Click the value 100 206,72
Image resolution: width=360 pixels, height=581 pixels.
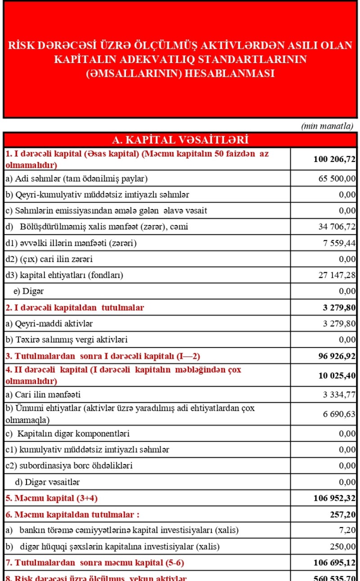(334, 160)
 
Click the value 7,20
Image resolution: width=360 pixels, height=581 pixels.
(347, 531)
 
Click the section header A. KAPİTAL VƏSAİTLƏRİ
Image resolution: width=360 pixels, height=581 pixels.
(180, 140)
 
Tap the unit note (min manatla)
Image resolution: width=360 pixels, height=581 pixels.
(327, 126)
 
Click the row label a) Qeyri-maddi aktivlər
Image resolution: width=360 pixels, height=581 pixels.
(49, 323)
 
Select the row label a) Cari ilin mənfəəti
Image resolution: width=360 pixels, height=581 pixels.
(43, 395)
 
